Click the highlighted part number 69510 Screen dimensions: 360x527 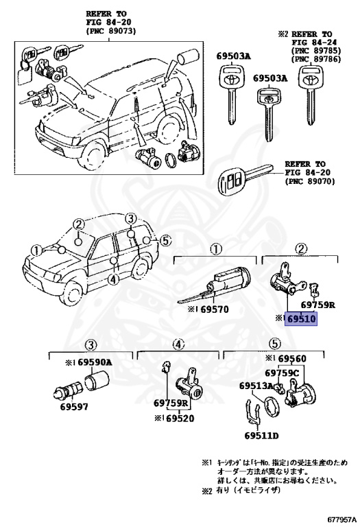point(301,318)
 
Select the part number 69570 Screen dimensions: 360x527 point(214,309)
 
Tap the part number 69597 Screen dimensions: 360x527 point(74,407)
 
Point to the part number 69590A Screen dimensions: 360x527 point(96,362)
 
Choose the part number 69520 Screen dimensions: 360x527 point(180,419)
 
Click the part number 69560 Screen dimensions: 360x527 point(293,358)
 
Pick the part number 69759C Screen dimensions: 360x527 point(282,373)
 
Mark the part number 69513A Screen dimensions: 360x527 point(256,386)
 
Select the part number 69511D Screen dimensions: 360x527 point(262,436)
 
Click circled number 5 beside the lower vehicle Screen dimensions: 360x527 point(165,240)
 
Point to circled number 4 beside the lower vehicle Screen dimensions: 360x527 point(115,279)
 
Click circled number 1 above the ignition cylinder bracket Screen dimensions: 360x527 point(216,249)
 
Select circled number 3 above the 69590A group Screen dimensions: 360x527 point(91,344)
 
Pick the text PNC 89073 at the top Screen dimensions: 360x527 point(111,31)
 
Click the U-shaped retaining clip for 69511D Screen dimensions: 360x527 point(252,413)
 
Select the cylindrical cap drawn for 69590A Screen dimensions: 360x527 point(96,382)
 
